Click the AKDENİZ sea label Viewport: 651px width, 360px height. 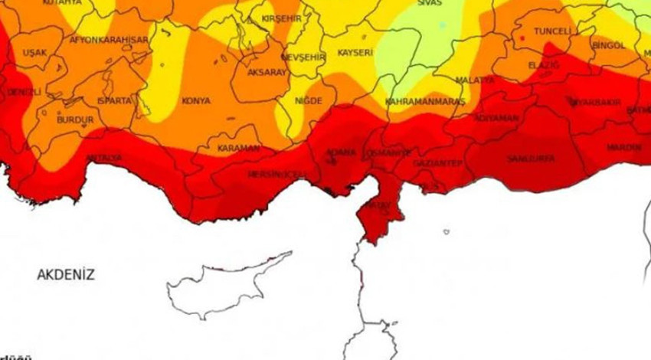coord(66,274)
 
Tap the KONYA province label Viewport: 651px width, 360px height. coord(195,100)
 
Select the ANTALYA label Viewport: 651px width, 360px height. coord(105,159)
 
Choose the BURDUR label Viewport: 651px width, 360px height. coord(75,120)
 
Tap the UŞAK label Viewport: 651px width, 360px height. coord(35,53)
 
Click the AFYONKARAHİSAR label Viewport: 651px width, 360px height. coord(109,39)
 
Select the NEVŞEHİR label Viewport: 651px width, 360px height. coord(304,57)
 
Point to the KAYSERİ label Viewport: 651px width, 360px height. coord(355,53)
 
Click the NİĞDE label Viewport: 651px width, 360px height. coord(309,100)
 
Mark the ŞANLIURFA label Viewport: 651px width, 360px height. coord(525,159)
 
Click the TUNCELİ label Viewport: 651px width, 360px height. coord(552,31)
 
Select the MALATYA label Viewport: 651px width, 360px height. coord(475,80)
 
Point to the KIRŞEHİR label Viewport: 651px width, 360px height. coord(282,18)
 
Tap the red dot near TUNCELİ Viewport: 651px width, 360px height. coord(522,38)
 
